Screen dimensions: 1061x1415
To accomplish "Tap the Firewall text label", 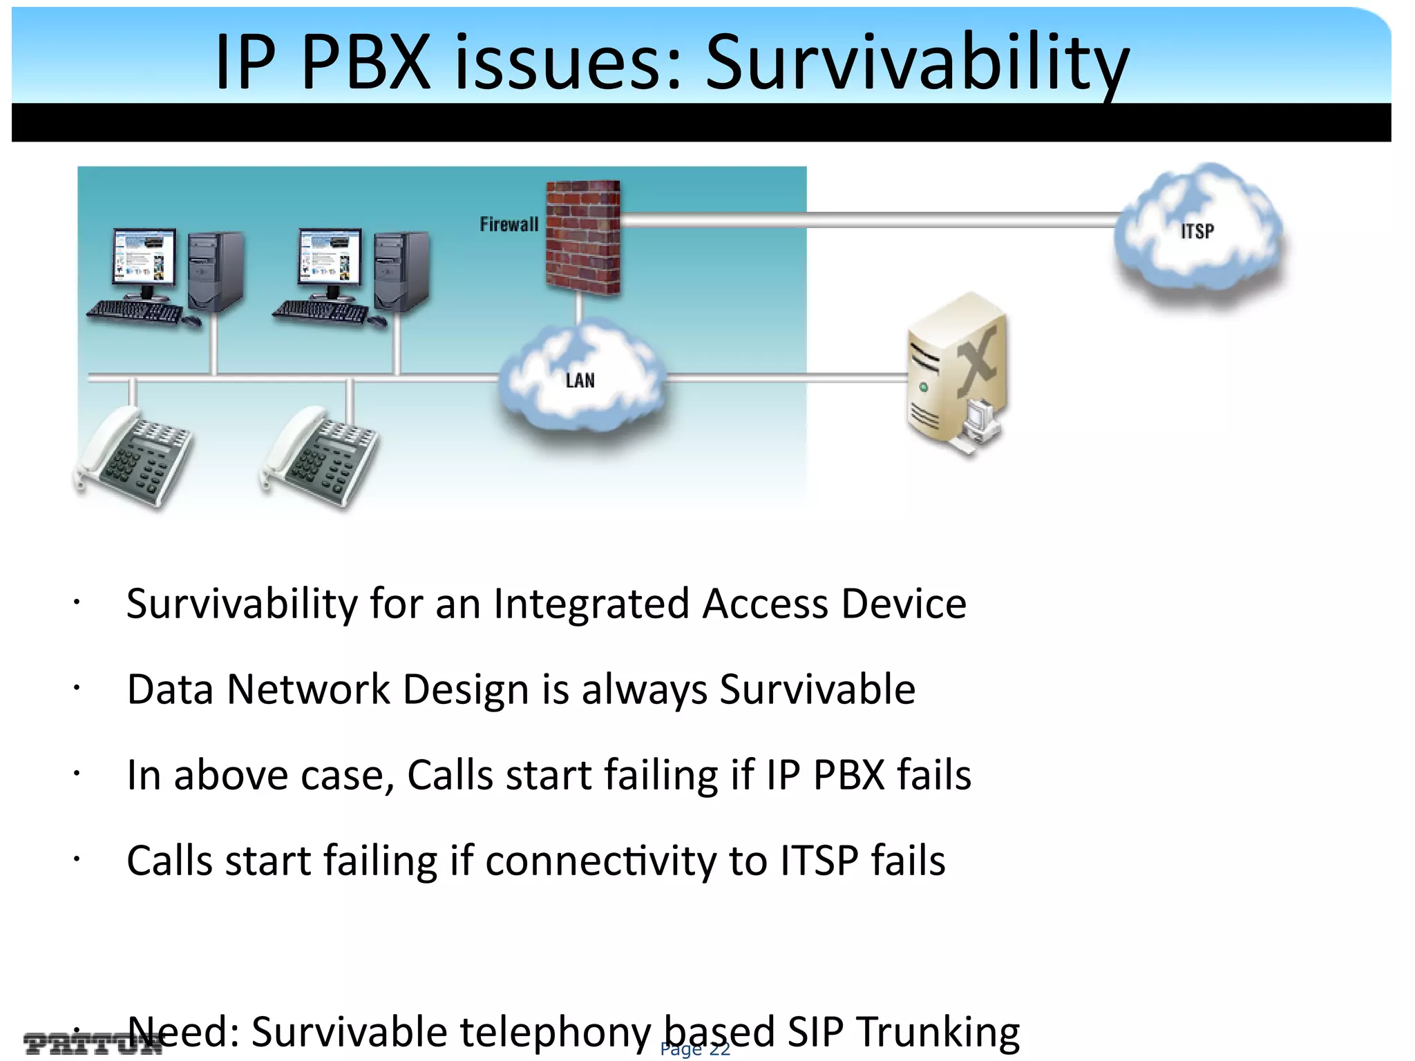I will (x=509, y=224).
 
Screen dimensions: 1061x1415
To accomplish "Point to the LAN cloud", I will (x=580, y=377).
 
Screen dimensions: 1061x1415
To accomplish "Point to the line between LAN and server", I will (x=788, y=378).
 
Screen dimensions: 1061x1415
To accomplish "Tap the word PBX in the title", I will (x=366, y=64).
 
